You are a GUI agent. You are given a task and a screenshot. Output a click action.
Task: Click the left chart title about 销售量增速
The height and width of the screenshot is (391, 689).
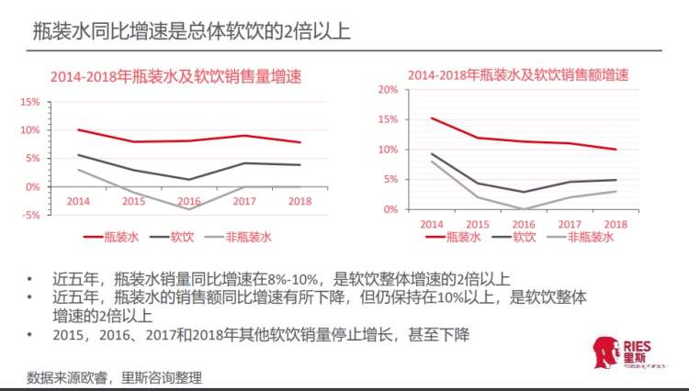coord(175,76)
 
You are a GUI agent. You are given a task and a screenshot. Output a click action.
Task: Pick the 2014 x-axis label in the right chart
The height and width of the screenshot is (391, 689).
coord(431,224)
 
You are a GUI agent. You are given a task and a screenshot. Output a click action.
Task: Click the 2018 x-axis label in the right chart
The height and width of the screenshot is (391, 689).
coord(616,224)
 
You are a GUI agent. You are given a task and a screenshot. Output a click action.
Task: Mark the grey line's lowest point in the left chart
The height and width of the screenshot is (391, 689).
coord(189,209)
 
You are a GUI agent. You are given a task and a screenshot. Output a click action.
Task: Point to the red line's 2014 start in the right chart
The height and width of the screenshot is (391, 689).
coord(431,117)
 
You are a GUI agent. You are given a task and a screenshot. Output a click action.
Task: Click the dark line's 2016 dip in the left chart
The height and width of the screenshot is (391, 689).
coord(189,179)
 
